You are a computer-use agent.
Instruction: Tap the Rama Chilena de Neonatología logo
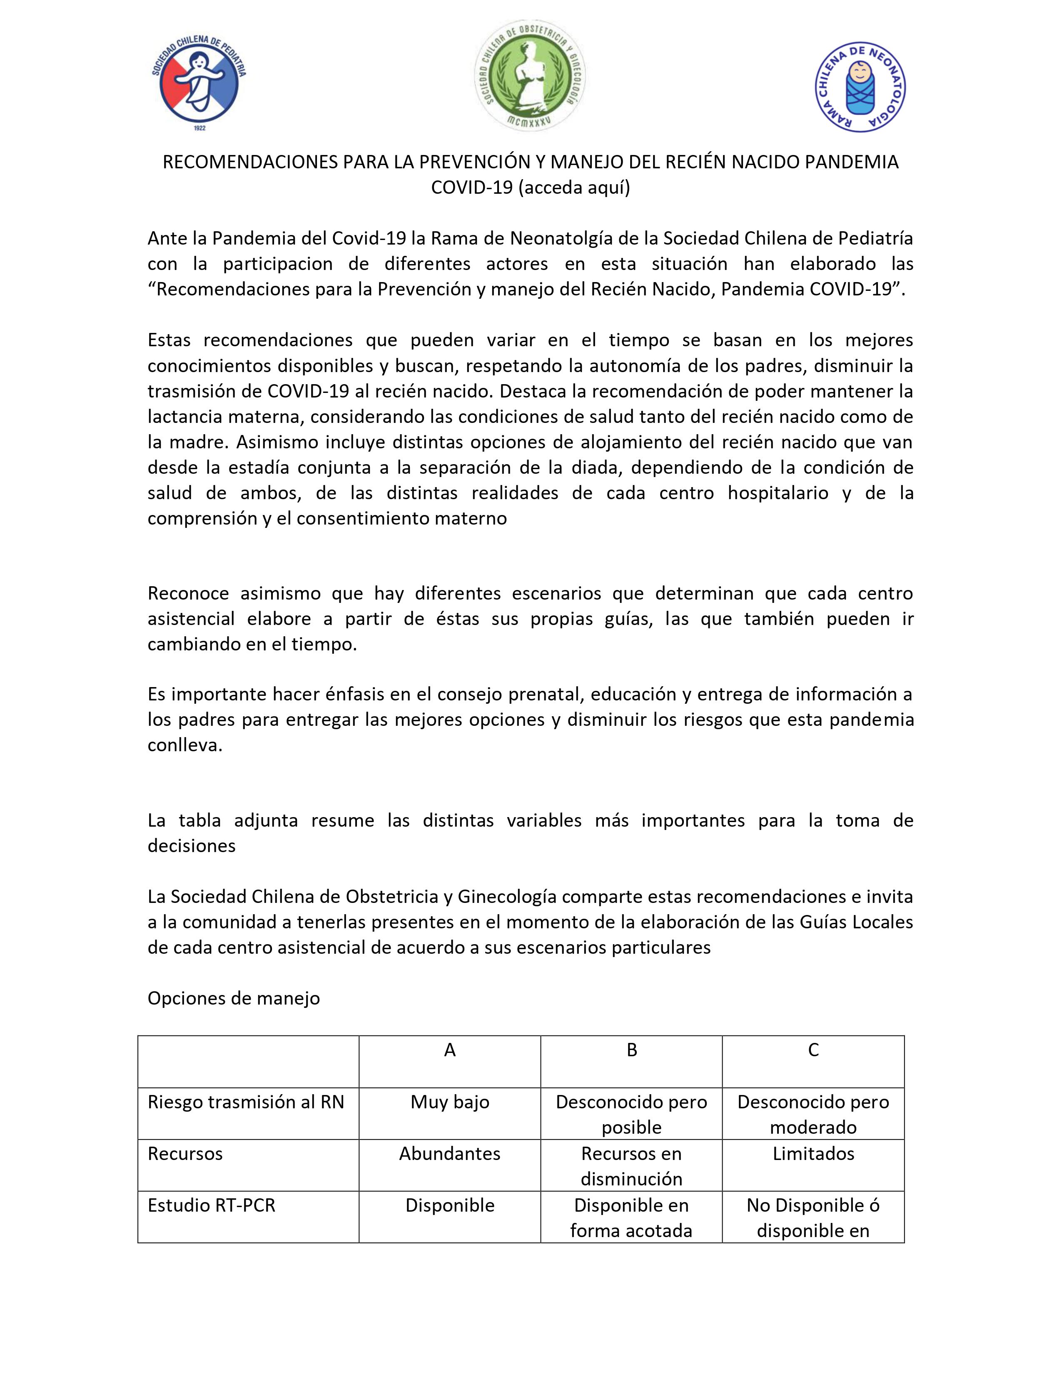[x=860, y=88]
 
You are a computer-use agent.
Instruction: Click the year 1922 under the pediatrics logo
[x=199, y=128]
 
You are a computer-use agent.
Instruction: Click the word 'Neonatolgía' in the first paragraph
[x=553, y=239]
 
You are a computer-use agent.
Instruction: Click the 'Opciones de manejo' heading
[x=233, y=998]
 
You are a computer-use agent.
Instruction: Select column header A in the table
[x=450, y=1050]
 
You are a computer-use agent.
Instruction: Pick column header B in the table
[x=632, y=1050]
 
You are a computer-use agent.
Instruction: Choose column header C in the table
[x=813, y=1050]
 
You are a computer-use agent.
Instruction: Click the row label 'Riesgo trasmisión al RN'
[x=246, y=1102]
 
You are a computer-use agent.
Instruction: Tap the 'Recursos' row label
[x=185, y=1153]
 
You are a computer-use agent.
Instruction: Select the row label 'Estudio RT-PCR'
[x=212, y=1205]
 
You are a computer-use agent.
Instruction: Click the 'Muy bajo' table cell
[x=450, y=1102]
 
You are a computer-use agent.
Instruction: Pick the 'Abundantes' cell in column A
[x=450, y=1153]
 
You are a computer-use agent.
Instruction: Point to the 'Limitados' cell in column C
[x=813, y=1153]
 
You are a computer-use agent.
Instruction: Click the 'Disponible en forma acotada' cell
[x=632, y=1217]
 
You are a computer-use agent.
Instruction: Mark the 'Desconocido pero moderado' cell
[x=813, y=1114]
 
